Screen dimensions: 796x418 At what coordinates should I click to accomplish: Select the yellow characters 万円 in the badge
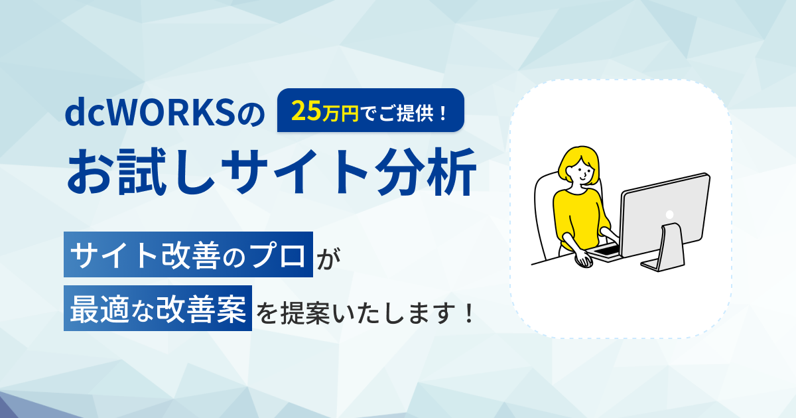(x=340, y=113)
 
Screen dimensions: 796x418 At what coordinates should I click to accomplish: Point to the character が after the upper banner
(x=329, y=257)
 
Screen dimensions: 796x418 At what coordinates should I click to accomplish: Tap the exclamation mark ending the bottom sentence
(x=469, y=313)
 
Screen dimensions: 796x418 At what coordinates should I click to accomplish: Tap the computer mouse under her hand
(x=584, y=261)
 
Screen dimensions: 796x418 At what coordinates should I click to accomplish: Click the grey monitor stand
(x=664, y=248)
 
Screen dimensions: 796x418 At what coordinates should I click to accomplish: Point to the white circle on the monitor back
(x=669, y=215)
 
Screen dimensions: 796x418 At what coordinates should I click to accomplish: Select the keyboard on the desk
(x=604, y=252)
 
